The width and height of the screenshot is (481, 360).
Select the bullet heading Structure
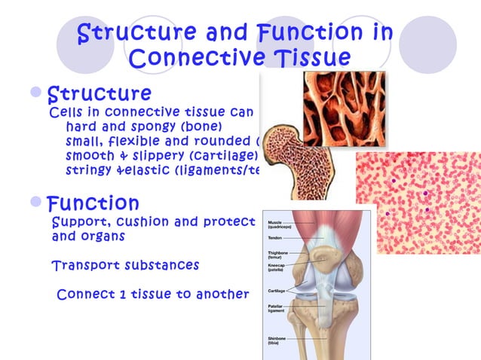point(99,93)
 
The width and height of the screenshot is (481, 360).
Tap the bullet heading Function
point(93,203)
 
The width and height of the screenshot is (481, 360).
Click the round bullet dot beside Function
point(38,203)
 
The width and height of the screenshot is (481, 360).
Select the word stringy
point(87,170)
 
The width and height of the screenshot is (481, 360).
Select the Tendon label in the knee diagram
point(275,238)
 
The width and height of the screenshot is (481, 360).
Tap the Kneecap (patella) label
point(278,270)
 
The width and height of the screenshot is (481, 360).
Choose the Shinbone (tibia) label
point(277,342)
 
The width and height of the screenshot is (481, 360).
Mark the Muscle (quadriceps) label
point(280,224)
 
